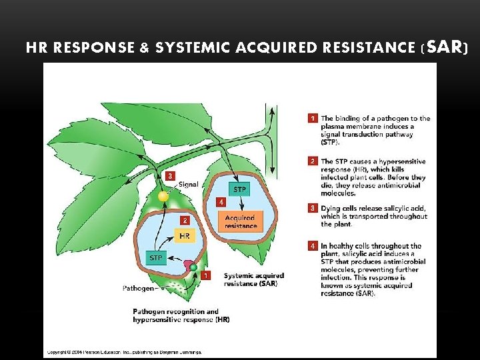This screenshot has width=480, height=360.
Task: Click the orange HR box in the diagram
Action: (185, 236)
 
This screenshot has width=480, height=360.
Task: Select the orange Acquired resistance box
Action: (240, 222)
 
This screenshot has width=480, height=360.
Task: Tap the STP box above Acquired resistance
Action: (239, 189)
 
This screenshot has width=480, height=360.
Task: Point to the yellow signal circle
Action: (163, 196)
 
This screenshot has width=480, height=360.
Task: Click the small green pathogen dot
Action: (193, 267)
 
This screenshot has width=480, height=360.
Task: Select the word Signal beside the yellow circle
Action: (188, 185)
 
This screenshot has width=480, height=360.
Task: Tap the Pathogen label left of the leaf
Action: (139, 289)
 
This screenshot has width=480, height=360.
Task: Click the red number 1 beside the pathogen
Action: (206, 275)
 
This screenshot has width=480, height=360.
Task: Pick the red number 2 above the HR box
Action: (185, 220)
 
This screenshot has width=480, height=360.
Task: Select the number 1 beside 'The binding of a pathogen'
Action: (312, 119)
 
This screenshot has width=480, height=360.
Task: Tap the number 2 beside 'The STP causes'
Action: (312, 161)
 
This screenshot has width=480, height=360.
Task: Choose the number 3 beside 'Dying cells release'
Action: (312, 208)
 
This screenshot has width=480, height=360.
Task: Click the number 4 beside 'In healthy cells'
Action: (312, 246)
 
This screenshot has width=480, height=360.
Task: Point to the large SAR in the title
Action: (444, 47)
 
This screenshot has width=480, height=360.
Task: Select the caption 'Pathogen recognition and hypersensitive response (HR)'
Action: (181, 315)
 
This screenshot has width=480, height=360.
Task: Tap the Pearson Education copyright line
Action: (123, 351)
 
